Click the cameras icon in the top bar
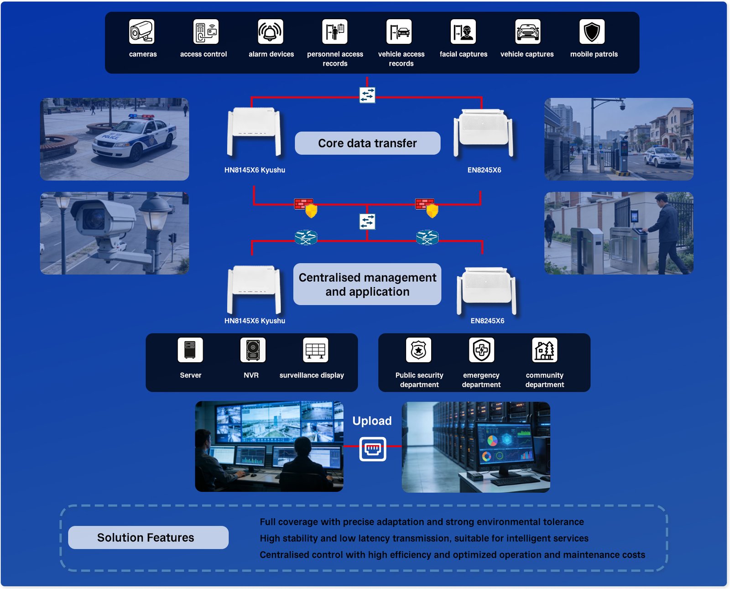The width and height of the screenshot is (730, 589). (141, 31)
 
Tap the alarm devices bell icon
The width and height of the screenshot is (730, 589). (270, 31)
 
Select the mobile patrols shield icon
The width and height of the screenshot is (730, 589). (592, 31)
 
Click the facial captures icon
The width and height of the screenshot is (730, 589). (463, 31)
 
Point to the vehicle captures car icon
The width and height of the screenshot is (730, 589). (527, 31)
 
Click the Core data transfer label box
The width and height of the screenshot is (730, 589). (367, 143)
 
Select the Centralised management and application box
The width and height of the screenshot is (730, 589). (367, 284)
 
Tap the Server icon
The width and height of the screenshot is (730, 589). (190, 350)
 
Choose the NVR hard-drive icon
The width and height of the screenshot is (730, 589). (253, 350)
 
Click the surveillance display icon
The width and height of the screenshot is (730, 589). (315, 350)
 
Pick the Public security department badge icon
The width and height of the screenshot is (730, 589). (418, 350)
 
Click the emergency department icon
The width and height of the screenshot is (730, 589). (481, 350)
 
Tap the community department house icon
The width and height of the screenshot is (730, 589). (544, 350)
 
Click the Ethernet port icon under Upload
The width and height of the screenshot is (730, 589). (373, 449)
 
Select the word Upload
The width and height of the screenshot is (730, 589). (372, 421)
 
